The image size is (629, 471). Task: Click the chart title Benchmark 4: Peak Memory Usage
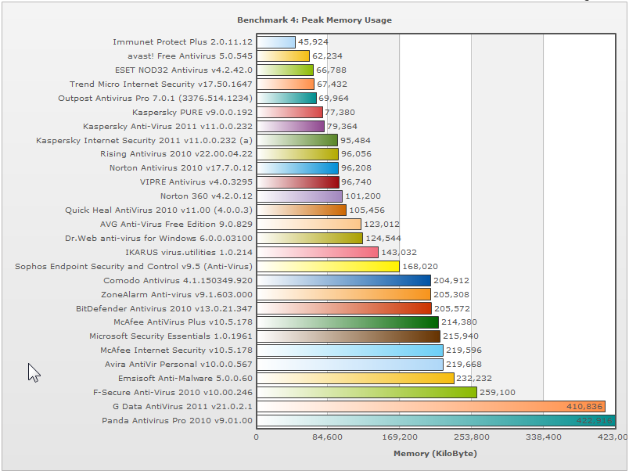click(314, 20)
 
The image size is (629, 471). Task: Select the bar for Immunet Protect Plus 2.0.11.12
click(276, 41)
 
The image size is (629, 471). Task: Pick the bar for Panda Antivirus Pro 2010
click(436, 421)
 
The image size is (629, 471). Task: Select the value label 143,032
click(399, 252)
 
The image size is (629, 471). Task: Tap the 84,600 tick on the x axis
click(328, 437)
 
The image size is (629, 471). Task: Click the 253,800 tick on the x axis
click(471, 437)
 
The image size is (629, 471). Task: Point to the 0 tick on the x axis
click(257, 437)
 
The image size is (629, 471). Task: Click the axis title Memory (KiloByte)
click(435, 453)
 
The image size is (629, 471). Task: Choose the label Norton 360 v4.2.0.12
click(207, 196)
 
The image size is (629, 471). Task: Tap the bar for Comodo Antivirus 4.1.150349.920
click(343, 280)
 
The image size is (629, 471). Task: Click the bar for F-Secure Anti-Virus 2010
click(367, 393)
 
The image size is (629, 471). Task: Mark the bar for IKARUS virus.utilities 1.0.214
click(318, 252)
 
